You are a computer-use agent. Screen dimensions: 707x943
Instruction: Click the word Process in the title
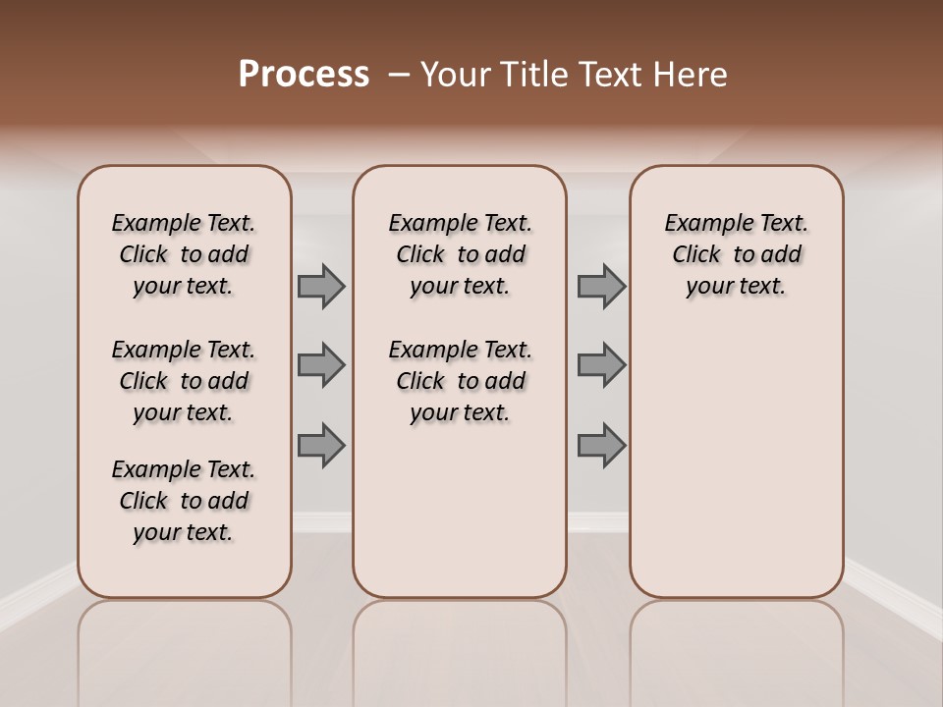[x=304, y=75]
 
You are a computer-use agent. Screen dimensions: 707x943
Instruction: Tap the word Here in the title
[x=691, y=75]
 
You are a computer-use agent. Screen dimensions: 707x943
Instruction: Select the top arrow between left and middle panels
[x=321, y=287]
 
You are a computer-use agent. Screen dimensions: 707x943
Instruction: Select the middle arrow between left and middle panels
[x=321, y=365]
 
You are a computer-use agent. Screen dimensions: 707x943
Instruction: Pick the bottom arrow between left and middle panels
[x=321, y=445]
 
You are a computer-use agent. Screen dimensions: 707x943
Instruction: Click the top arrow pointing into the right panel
[x=601, y=287]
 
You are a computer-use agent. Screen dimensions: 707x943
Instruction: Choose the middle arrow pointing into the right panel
[x=601, y=365]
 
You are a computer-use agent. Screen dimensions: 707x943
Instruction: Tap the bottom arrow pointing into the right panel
[x=601, y=445]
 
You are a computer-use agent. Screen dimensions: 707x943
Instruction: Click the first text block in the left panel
[x=184, y=254]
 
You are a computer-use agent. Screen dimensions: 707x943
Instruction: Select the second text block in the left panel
[x=184, y=381]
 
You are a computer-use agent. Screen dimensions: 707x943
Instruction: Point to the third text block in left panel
[x=184, y=501]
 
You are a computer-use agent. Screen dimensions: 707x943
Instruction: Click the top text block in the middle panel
[x=460, y=254]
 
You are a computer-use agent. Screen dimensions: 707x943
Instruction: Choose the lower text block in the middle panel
[x=460, y=381]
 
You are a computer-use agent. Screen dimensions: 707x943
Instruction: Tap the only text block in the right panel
[x=736, y=254]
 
